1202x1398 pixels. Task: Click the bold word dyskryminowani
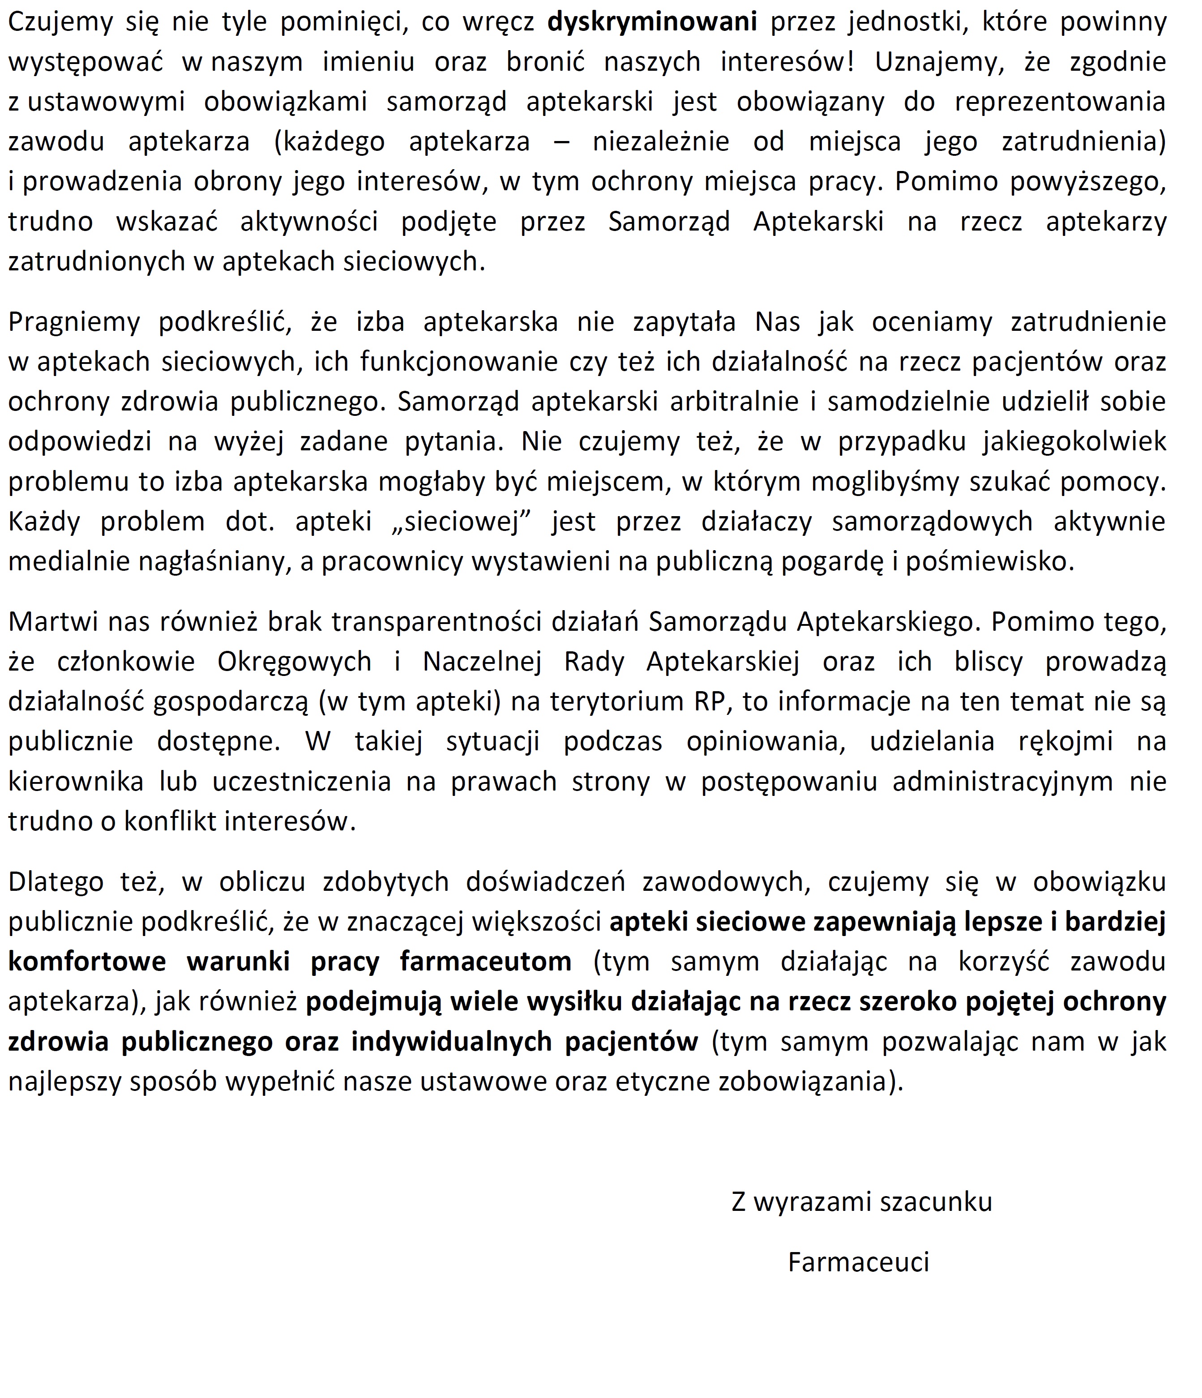(x=651, y=23)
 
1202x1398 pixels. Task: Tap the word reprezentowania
(x=1060, y=103)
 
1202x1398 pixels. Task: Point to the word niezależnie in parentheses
(x=661, y=142)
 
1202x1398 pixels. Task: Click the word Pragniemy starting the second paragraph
(x=73, y=322)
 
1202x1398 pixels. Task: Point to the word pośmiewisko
(x=989, y=561)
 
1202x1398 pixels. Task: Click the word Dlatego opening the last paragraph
(x=56, y=882)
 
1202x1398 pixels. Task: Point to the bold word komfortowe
(x=87, y=962)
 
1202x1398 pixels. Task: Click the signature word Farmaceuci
(x=859, y=1262)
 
